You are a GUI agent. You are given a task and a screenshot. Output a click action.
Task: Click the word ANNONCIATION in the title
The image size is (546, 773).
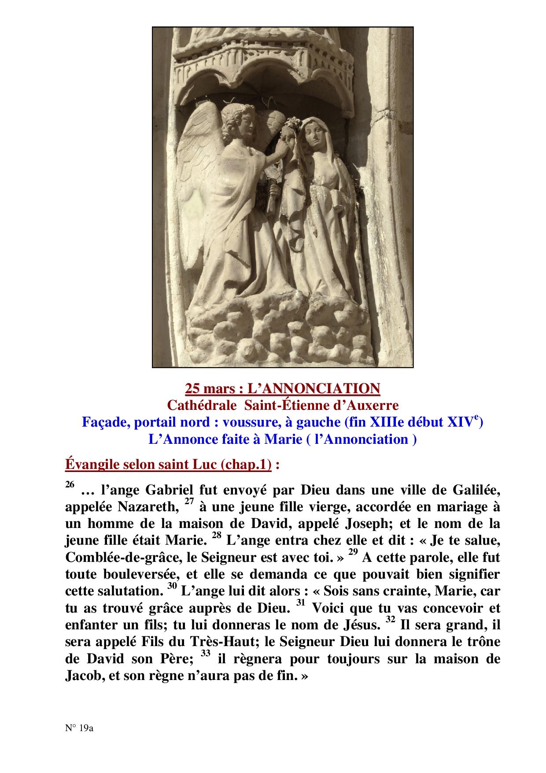coord(314,388)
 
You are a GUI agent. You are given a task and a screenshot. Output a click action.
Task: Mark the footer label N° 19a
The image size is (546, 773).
coord(79,728)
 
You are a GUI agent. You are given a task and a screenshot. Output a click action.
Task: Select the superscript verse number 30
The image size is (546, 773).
coord(172,587)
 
